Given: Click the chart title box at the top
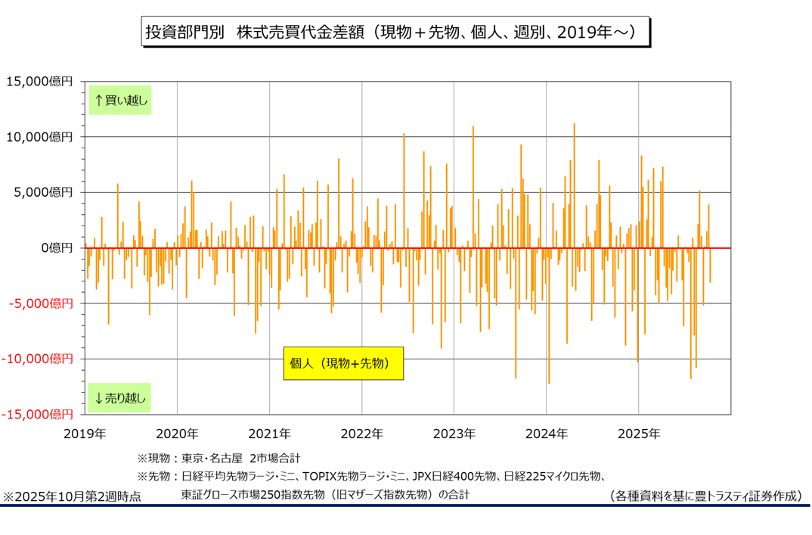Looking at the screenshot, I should pyautogui.click(x=395, y=33).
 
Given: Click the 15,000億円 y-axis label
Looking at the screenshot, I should pyautogui.click(x=39, y=81).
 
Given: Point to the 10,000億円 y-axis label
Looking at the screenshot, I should pyautogui.click(x=39, y=137).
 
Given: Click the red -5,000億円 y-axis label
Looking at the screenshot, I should pyautogui.click(x=41, y=303).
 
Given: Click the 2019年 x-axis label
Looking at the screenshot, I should pyautogui.click(x=84, y=434).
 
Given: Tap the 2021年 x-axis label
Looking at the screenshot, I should pyautogui.click(x=269, y=434).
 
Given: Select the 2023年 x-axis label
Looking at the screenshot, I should pyautogui.click(x=454, y=434).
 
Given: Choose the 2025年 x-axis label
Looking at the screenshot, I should pyautogui.click(x=639, y=434).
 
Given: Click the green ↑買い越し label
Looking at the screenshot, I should pyautogui.click(x=120, y=100).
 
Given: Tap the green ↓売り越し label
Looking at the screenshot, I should pyautogui.click(x=120, y=397).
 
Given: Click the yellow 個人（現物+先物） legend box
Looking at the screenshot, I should pyautogui.click(x=343, y=363).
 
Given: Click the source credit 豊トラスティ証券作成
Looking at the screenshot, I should pyautogui.click(x=705, y=496).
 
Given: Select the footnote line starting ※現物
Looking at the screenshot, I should pyautogui.click(x=218, y=459).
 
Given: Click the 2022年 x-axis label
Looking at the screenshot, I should pyautogui.click(x=361, y=434).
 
